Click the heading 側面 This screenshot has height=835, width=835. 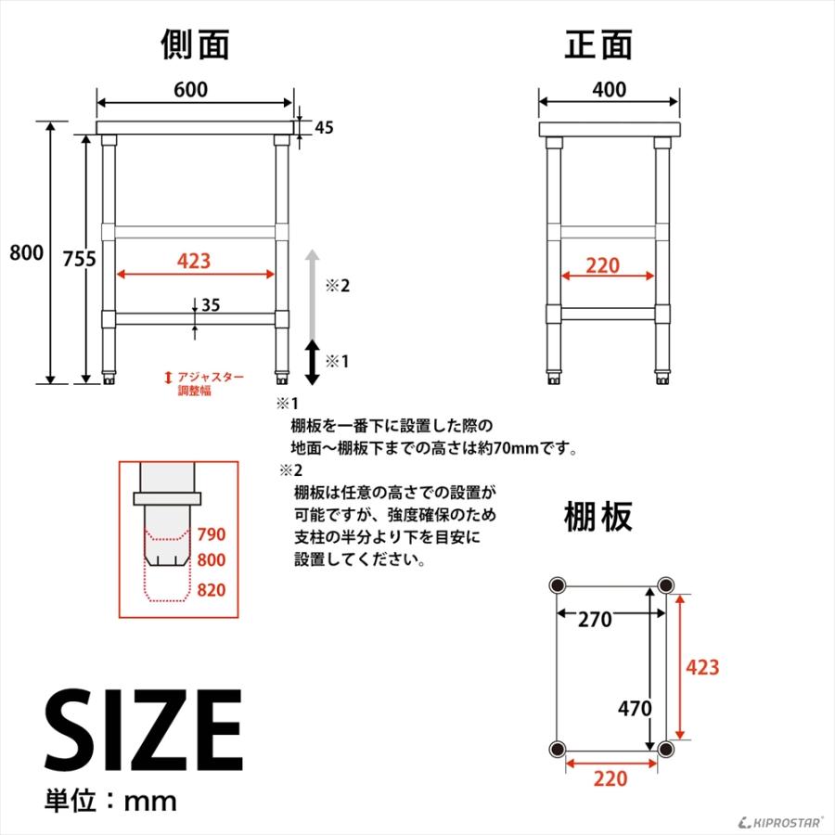pos(195,43)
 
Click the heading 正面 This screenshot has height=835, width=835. pos(598,43)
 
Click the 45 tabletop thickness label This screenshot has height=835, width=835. pos(324,128)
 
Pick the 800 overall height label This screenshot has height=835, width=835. pos(26,252)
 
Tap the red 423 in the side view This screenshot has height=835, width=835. pos(194,262)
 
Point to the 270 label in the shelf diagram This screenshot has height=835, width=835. pos(595,620)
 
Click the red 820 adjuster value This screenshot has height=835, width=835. pos(212,590)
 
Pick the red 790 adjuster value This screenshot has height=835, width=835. pos(212,534)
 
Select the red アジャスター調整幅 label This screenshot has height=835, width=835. pos(210,383)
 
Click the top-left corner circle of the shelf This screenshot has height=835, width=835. pos(558,584)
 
